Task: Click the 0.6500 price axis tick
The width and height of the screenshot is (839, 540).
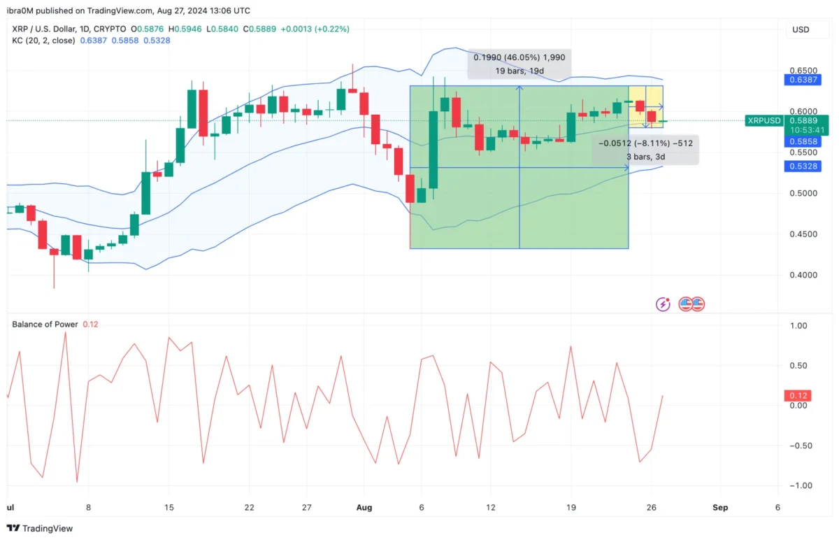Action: click(798, 71)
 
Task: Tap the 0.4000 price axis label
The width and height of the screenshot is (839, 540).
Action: click(798, 275)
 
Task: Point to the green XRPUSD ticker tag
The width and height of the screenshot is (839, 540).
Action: click(764, 120)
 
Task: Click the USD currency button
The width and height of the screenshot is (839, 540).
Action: click(801, 30)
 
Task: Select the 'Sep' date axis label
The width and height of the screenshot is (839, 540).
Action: click(720, 507)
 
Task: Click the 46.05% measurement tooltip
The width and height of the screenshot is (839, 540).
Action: click(519, 64)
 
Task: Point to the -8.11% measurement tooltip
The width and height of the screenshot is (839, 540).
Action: click(645, 150)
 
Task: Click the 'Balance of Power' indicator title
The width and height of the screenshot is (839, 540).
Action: click(45, 324)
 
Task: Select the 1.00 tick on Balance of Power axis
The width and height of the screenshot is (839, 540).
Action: click(798, 326)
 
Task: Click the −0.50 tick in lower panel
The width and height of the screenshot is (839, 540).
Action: click(796, 446)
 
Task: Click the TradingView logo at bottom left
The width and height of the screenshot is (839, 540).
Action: click(40, 528)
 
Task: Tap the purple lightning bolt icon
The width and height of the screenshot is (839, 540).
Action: click(663, 304)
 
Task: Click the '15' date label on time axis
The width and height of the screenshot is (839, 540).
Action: click(168, 507)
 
